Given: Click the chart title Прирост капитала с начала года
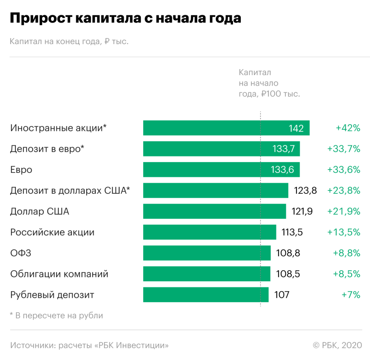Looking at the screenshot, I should pos(125,18).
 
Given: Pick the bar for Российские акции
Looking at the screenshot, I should pos(209,232).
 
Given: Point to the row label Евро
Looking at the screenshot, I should pos(21,170).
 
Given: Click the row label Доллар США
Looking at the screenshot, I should pos(40,211).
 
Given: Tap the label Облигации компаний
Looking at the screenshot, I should pos(59,274).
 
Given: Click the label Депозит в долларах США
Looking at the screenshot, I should pos(70,190).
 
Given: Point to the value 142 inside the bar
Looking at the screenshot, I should pos(296,128).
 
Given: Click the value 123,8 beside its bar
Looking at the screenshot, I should pos(305,190).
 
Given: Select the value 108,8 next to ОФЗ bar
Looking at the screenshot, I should pos(288,253).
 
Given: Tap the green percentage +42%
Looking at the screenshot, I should pos(348,128).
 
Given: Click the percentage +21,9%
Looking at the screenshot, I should pos(343,211).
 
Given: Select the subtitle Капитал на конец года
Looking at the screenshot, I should pos(69,42).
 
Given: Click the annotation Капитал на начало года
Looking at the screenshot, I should pos(269,83).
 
